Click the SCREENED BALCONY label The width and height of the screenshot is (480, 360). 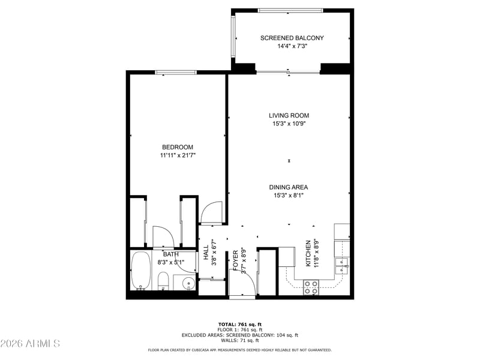tap(292, 38)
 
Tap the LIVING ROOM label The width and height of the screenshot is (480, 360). tap(289, 115)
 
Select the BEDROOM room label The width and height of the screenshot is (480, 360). tap(178, 147)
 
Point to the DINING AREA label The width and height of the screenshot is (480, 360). tap(290, 187)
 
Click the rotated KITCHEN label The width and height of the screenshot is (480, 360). tap(308, 253)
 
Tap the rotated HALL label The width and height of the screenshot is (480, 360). tap(206, 254)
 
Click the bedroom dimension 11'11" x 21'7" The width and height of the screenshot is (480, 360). tap(178, 155)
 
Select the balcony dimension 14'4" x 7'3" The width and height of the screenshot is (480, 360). tap(292, 46)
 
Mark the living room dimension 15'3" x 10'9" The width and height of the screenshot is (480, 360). tap(290, 124)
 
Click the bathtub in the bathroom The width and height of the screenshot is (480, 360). tap(141, 272)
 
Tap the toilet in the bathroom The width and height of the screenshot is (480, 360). tap(163, 281)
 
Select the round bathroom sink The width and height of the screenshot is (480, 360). tap(185, 283)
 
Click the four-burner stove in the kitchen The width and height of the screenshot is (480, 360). tap(311, 287)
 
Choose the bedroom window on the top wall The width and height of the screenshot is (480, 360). tap(176, 73)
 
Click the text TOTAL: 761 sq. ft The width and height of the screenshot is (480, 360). tap(240, 324)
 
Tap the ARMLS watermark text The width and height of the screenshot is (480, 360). tap(30, 344)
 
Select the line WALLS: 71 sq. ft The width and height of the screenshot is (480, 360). tap(240, 340)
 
